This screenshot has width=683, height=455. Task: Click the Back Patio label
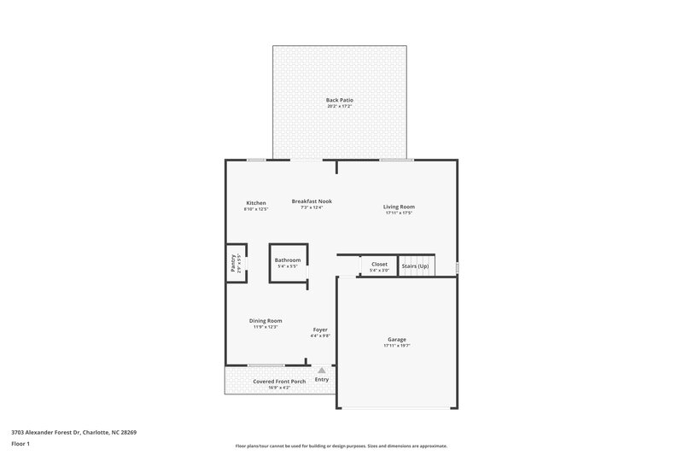(340, 100)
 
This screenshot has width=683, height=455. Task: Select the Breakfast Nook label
(312, 201)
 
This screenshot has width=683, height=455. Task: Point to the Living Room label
(399, 207)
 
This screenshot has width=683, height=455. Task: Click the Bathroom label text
(288, 260)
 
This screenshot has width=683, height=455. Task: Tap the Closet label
(379, 265)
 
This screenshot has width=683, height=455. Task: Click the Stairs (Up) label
(415, 265)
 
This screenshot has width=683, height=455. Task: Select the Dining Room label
(266, 321)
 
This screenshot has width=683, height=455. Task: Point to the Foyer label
(320, 330)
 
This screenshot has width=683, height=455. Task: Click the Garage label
(396, 340)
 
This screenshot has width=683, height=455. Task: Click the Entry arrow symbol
(321, 370)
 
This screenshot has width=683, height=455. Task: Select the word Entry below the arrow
(321, 380)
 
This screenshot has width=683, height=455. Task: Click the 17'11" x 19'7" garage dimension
(396, 346)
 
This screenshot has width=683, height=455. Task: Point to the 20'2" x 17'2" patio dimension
(340, 106)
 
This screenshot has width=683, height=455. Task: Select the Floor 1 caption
(20, 445)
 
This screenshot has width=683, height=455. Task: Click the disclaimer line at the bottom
(341, 446)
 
